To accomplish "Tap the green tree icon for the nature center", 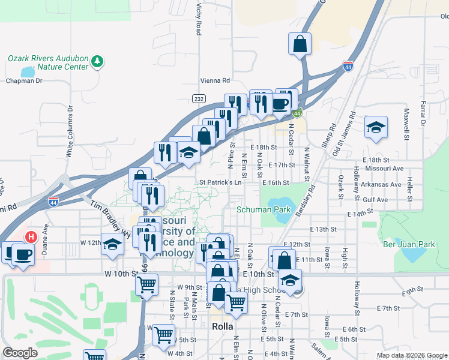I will click(97, 61).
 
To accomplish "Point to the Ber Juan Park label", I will click(409, 244).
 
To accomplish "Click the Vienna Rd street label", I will click(215, 80).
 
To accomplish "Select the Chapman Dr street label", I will click(23, 80).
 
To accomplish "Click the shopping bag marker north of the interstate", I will click(300, 43).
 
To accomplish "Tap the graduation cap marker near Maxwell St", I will click(376, 127).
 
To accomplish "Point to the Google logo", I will click(20, 353).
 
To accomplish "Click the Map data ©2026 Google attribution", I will click(412, 355).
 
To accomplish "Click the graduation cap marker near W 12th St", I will click(112, 244).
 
